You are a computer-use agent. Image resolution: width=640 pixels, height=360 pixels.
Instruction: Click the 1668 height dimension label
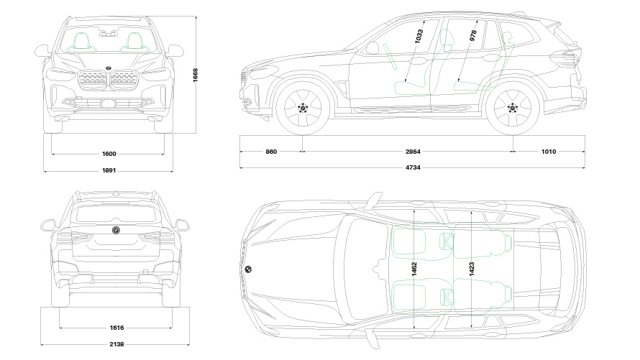point(195,75)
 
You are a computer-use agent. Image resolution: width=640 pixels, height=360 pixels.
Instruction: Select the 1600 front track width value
point(109,154)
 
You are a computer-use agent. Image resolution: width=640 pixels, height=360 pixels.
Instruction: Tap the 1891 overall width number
point(109,171)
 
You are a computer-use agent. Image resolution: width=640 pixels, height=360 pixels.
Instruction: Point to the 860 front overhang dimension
point(271,152)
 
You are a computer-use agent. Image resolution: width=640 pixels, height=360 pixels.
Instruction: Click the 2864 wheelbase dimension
point(413,152)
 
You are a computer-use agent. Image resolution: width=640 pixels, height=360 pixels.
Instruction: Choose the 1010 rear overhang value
point(549,152)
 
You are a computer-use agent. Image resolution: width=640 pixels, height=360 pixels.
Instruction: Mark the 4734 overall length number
point(413,168)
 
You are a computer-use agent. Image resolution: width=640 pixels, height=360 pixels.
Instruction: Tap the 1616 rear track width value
point(116,328)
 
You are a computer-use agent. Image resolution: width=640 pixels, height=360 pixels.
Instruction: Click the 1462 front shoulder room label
point(414,270)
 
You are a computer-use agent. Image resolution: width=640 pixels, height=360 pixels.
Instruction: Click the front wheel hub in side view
point(303,109)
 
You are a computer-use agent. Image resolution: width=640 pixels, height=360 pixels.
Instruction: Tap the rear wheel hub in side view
point(512,109)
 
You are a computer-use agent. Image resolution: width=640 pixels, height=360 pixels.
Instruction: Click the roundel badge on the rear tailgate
point(115,230)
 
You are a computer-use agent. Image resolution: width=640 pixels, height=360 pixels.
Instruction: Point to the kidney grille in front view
point(109,80)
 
